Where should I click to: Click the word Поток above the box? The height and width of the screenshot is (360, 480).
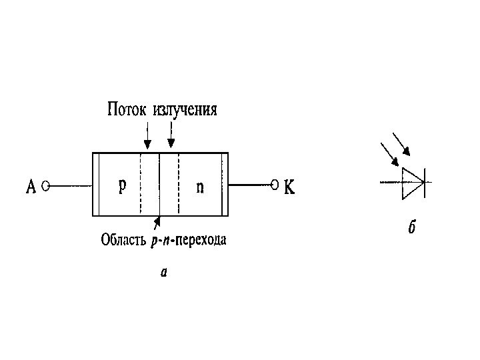[127, 109]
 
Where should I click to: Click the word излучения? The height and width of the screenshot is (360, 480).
[185, 109]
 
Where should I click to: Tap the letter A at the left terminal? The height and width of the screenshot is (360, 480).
[31, 187]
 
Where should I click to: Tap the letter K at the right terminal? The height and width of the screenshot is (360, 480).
[289, 187]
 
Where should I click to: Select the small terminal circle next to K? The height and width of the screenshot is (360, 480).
[274, 184]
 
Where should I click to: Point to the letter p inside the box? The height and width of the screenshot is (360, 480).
[123, 185]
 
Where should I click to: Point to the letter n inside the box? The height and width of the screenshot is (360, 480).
[200, 187]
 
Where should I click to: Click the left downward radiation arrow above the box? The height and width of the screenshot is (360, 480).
[147, 135]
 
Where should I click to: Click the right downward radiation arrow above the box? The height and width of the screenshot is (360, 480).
[171, 135]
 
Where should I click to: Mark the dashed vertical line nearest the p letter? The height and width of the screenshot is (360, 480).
[141, 184]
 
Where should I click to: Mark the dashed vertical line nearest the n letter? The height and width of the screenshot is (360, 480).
[179, 184]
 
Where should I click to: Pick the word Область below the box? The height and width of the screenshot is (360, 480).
[121, 239]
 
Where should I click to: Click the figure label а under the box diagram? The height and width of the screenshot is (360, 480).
[164, 272]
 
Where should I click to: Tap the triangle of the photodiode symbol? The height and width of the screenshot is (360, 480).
[411, 182]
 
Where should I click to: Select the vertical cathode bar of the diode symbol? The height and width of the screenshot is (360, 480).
[424, 182]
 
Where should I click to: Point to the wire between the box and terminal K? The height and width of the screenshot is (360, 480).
[250, 185]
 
